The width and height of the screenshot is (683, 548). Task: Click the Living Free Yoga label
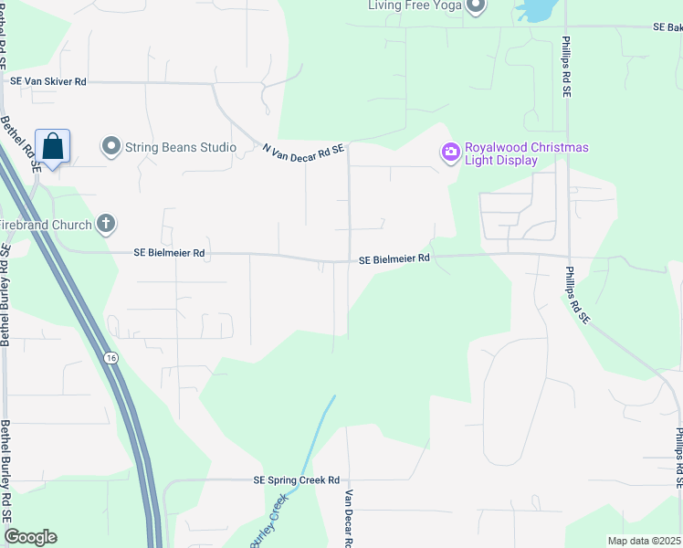(414, 5)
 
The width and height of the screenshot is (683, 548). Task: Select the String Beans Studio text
(182, 147)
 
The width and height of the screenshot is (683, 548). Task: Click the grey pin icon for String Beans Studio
(111, 146)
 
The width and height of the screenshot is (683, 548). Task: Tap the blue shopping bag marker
(53, 146)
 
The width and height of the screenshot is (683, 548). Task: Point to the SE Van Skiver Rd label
(47, 81)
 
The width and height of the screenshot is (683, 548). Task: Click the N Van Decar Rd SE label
(303, 148)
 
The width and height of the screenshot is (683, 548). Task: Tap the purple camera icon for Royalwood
(449, 153)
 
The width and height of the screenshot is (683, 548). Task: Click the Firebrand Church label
(46, 225)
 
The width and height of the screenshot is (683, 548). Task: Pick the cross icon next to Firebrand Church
(106, 224)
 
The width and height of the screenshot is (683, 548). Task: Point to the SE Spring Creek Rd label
(296, 480)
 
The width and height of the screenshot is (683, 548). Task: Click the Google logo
(30, 537)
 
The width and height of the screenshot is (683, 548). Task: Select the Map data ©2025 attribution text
(643, 541)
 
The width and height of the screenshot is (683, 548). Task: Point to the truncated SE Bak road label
(667, 28)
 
